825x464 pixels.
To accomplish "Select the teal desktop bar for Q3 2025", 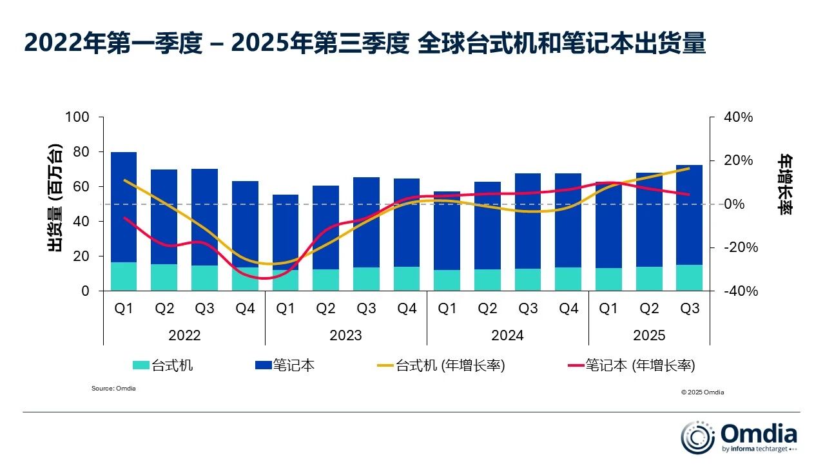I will pos(689,278).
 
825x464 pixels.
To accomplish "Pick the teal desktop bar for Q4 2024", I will pos(568,279).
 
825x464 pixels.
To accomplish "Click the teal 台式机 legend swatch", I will pos(141,365).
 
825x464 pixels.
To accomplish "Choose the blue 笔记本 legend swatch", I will pos(263,365).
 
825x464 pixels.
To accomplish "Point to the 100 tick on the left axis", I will pos(77,117).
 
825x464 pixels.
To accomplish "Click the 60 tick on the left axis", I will pos(82,187).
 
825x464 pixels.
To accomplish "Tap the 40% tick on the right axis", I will pos(738,117).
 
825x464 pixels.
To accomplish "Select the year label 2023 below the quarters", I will pos(346,335).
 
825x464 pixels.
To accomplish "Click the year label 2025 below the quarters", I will pos(649,335).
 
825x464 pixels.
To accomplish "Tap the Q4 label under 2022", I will pos(245,309).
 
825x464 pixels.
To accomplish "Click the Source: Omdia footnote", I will pos(113,389).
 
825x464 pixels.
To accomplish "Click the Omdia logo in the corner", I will pos(739,437).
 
